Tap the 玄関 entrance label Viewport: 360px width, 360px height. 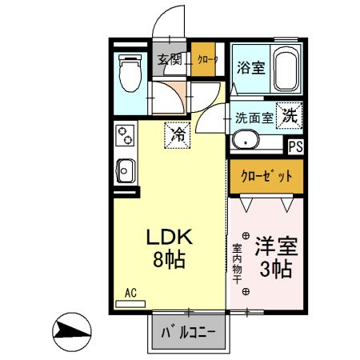(169, 59)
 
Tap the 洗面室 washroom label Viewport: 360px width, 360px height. (254, 117)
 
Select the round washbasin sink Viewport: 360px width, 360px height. (245, 142)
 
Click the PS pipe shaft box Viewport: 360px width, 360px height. (295, 146)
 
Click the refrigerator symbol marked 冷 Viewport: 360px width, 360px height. (178, 134)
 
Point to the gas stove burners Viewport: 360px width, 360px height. (124, 136)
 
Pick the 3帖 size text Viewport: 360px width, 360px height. (274, 268)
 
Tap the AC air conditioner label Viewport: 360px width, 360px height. (130, 294)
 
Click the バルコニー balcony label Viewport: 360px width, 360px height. (189, 333)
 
